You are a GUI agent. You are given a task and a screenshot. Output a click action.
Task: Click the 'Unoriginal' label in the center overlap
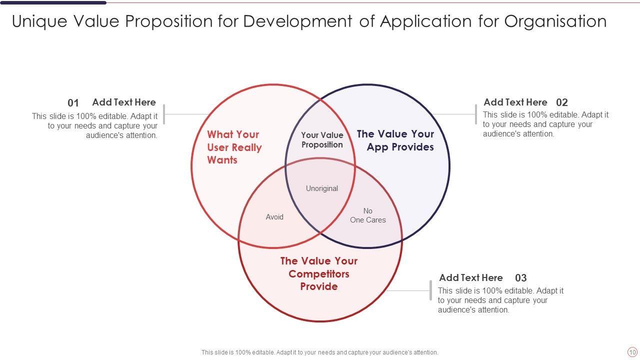tap(322, 188)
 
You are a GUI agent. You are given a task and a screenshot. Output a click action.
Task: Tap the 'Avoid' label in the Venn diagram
tap(274, 217)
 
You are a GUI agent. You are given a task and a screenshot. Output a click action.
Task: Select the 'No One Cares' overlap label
tap(368, 215)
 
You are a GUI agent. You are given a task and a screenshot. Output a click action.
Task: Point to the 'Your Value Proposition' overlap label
tap(322, 140)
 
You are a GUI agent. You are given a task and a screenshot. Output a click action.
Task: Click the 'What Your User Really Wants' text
tap(234, 147)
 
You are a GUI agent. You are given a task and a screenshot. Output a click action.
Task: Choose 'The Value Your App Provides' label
tap(395, 140)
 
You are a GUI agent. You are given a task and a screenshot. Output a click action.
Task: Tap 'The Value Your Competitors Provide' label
tap(319, 273)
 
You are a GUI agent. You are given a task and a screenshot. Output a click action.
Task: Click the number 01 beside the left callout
tap(73, 103)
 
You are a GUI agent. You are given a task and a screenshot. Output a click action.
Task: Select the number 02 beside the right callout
tap(562, 102)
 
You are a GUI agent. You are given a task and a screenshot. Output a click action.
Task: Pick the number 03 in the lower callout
tap(521, 278)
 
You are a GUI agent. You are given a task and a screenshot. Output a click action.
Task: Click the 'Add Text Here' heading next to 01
tap(124, 102)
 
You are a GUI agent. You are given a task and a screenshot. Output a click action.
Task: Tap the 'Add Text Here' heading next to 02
tap(515, 102)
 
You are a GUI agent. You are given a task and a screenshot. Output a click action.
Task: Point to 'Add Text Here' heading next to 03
tap(471, 277)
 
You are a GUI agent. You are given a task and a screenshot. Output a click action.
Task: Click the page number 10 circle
tap(632, 352)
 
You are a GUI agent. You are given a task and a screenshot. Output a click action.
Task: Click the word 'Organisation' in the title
tap(555, 21)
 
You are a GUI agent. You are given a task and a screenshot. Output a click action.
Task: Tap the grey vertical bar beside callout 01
tap(164, 114)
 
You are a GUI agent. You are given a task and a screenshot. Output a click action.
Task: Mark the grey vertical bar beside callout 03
tap(430, 290)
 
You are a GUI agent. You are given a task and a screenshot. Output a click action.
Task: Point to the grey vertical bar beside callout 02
tap(476, 114)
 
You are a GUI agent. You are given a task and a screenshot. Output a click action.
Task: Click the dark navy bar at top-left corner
tap(53, 2)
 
